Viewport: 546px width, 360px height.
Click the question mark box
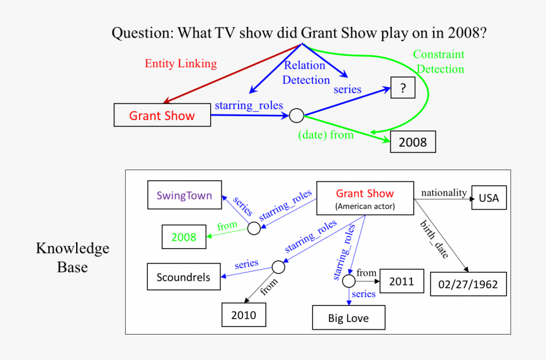tap(403, 88)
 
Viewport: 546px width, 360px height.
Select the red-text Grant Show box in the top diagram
tap(162, 116)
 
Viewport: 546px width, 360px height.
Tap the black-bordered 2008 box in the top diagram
tap(413, 142)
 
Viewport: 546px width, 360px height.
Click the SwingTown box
tap(184, 195)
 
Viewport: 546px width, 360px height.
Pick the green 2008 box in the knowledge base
tap(184, 237)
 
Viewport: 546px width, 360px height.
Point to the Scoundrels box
tap(183, 277)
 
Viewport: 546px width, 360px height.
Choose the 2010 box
tap(243, 314)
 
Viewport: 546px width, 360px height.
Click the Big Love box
tap(348, 318)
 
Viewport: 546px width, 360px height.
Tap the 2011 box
tap(401, 281)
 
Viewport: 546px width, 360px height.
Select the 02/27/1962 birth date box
tap(469, 284)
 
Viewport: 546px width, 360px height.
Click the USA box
tap(489, 198)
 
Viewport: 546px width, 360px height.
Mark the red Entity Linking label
tap(180, 63)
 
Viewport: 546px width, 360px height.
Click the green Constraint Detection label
tap(439, 62)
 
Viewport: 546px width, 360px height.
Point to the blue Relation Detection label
tap(305, 72)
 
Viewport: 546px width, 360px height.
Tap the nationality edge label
tap(444, 192)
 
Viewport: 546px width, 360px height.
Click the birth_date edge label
tap(434, 239)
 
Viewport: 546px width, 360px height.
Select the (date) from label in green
tap(326, 135)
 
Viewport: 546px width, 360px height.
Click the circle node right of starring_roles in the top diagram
tap(296, 116)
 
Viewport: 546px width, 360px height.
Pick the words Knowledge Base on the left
tap(72, 257)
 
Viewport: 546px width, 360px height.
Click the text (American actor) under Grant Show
tap(365, 206)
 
